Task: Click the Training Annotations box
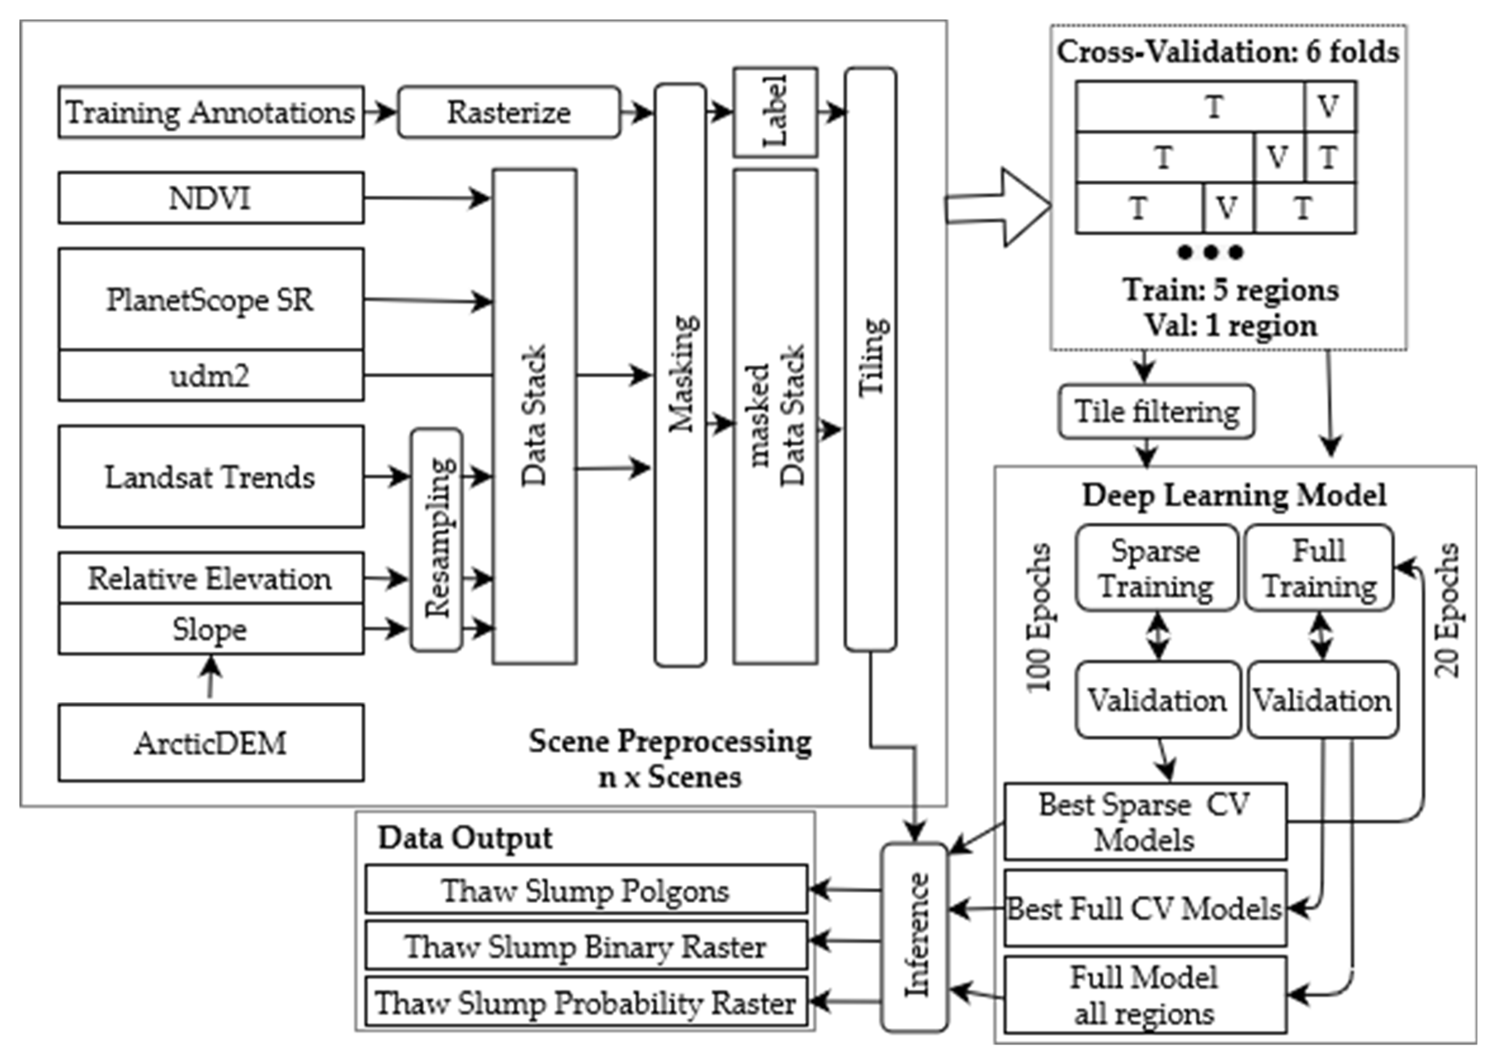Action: coord(211,112)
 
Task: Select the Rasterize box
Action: coord(508,112)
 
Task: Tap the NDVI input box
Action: coord(211,198)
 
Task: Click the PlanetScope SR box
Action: coord(211,299)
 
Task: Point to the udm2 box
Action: coord(211,376)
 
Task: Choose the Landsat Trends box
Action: coord(211,477)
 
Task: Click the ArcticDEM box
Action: coord(211,743)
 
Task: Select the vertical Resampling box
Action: coord(437,540)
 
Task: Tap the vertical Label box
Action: coord(775,112)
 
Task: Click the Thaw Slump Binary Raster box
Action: coord(586,945)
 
